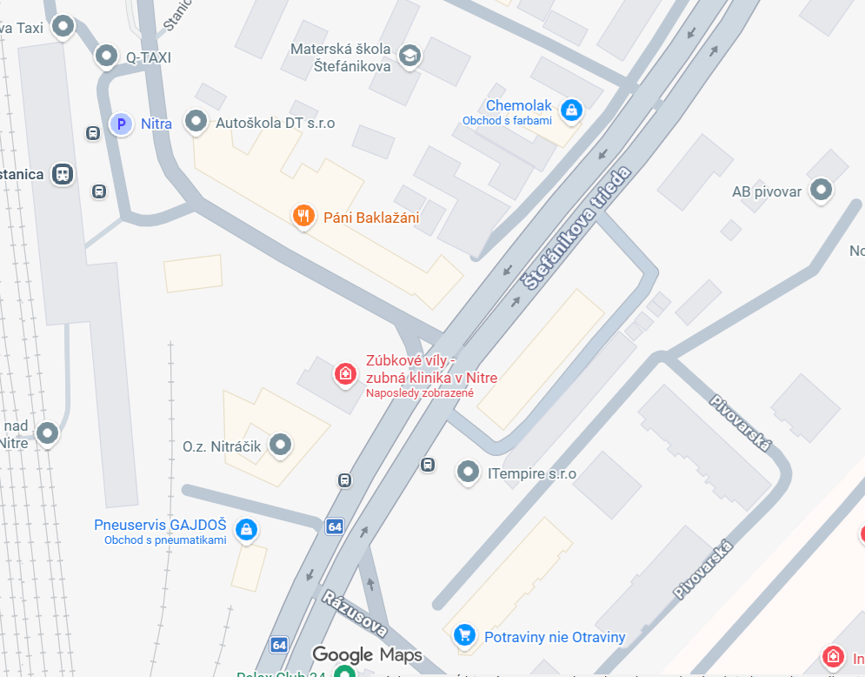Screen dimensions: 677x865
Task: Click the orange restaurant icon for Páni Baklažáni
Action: pos(303,216)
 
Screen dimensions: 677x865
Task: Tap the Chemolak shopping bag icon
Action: pos(571,109)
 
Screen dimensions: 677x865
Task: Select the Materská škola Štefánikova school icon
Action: pos(409,57)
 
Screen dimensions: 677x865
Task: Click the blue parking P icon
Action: pos(121,124)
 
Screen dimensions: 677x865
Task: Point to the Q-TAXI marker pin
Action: pos(106,57)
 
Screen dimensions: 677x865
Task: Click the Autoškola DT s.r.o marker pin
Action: pos(196,122)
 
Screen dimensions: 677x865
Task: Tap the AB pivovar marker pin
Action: pos(820,190)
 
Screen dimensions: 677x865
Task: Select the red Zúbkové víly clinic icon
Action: pos(345,375)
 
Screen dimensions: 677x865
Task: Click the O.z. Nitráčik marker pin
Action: pos(279,446)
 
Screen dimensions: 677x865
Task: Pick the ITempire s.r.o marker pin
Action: pos(469,473)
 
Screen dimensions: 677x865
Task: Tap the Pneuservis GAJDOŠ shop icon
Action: pos(247,528)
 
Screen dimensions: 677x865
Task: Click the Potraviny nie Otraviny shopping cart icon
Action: pos(464,635)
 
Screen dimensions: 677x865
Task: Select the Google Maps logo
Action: pos(367,655)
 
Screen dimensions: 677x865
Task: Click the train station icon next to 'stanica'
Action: pos(63,173)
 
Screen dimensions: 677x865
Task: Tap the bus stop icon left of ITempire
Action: pos(428,465)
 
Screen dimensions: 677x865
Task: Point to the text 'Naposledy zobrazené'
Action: pos(420,393)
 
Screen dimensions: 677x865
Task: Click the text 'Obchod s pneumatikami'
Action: pos(165,540)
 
